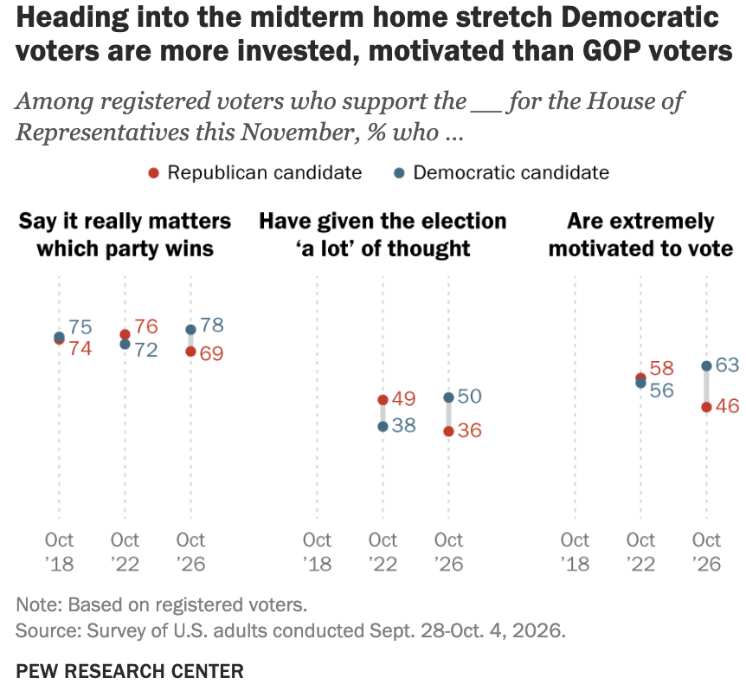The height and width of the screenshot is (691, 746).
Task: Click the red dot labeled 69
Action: click(x=190, y=352)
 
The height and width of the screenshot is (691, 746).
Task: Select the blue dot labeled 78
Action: click(x=190, y=329)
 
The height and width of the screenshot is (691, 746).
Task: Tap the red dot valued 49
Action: click(x=383, y=400)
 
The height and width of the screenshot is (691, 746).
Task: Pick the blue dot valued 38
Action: click(x=383, y=426)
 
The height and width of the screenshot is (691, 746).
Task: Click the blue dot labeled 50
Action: click(x=448, y=397)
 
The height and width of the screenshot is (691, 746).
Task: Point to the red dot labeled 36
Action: click(x=448, y=431)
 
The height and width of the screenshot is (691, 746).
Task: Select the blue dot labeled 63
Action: click(x=706, y=366)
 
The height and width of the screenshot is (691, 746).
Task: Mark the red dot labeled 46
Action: click(x=706, y=407)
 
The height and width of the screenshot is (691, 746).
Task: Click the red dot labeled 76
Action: click(x=125, y=334)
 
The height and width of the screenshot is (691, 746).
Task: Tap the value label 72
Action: click(x=146, y=350)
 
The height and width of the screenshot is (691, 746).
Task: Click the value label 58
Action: click(x=662, y=368)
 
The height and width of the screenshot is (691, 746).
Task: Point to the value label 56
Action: click(x=662, y=391)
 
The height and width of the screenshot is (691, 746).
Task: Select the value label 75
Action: click(x=80, y=327)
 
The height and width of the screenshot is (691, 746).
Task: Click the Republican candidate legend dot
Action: click(x=154, y=173)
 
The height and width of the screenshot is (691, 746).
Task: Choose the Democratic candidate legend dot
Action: click(x=400, y=173)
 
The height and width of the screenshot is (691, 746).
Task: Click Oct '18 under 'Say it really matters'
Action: click(x=60, y=552)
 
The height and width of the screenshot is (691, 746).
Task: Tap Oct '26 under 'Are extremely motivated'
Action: click(x=706, y=552)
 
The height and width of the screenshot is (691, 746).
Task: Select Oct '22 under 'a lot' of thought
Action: click(x=383, y=552)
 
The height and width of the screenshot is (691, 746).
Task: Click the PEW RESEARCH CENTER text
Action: click(x=130, y=671)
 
